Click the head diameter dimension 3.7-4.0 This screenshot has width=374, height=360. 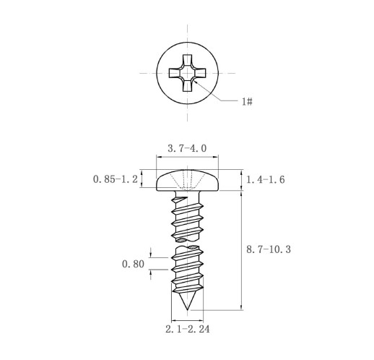pyautogui.click(x=187, y=148)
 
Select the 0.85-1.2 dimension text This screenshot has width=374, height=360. pyautogui.click(x=116, y=179)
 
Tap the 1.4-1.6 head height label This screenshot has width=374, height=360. pyautogui.click(x=266, y=180)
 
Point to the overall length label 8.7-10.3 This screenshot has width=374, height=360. pyautogui.click(x=269, y=249)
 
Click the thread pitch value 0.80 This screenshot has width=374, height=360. pyautogui.click(x=133, y=264)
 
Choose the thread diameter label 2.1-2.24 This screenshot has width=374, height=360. pyautogui.click(x=188, y=329)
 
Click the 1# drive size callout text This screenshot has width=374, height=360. pyautogui.click(x=247, y=101)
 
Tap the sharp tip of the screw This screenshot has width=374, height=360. pyautogui.click(x=187, y=309)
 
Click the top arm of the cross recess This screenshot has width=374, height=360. pyautogui.click(x=187, y=60)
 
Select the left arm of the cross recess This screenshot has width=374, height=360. pyautogui.click(x=175, y=73)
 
